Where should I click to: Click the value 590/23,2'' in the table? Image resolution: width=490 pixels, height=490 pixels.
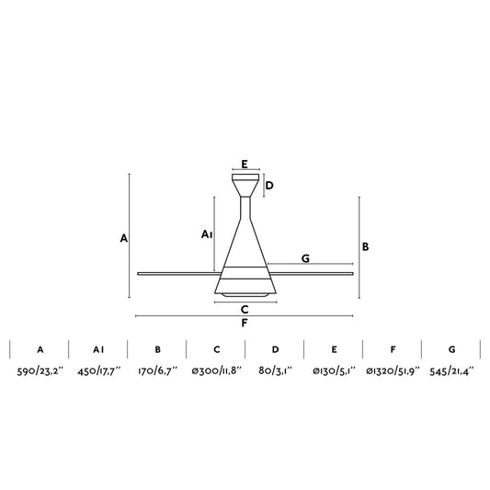[40, 371]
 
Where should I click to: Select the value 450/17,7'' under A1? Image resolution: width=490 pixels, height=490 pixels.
[99, 371]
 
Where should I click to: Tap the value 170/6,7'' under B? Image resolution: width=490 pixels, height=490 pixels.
[157, 371]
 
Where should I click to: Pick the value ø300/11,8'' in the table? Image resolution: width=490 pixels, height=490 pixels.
[217, 371]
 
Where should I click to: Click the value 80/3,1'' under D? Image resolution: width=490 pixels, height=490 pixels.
[275, 371]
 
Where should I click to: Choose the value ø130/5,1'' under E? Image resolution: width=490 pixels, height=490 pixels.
[334, 371]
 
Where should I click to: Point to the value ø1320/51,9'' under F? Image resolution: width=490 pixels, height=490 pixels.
[393, 371]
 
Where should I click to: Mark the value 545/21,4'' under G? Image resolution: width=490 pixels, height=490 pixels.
[451, 371]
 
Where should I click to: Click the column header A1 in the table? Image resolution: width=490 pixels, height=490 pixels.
[98, 349]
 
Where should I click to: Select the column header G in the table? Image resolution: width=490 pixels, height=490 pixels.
[452, 349]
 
